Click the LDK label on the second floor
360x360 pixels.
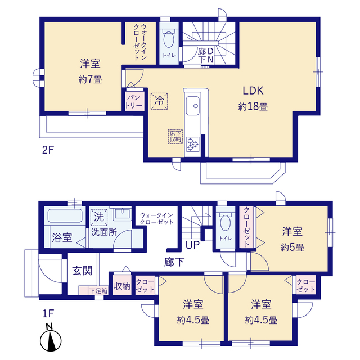click(253, 91)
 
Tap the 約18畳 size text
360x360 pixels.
click(253, 106)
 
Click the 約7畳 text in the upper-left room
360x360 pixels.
click(90, 80)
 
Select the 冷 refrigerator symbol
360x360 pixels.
click(160, 101)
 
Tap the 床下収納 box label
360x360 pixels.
click(175, 136)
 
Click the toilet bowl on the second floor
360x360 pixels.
click(169, 41)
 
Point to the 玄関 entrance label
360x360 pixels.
click(82, 271)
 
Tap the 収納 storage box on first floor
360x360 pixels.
click(122, 286)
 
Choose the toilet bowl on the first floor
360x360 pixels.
click(225, 222)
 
